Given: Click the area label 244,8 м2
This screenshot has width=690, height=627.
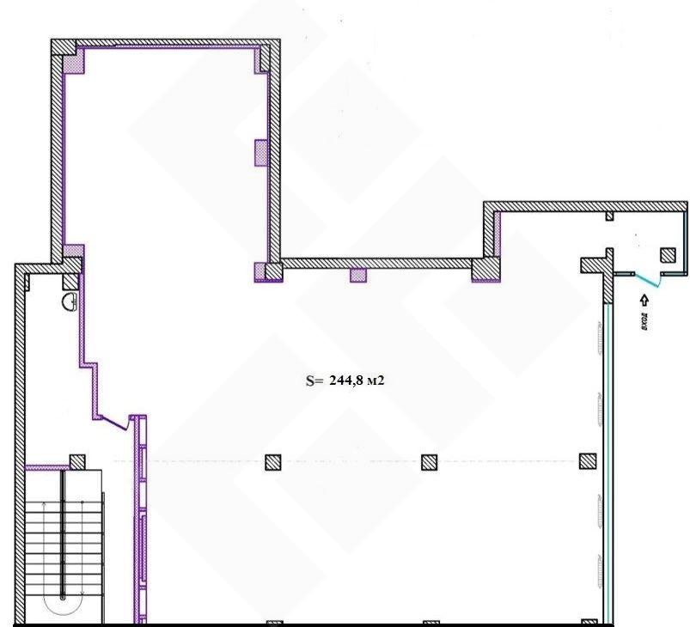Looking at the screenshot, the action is click(x=357, y=380).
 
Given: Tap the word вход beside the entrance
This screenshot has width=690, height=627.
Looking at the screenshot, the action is click(x=644, y=321).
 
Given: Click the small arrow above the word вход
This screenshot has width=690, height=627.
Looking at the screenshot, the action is click(x=644, y=301).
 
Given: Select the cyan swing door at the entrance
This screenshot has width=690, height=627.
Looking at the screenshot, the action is click(x=647, y=280).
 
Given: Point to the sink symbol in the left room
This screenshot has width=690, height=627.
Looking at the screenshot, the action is click(x=70, y=302).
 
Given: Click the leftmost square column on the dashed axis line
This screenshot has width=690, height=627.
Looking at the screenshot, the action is click(x=273, y=462).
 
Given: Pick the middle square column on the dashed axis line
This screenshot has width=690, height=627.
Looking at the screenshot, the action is click(x=430, y=462).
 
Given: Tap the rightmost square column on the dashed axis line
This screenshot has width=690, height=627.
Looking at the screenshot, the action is click(x=588, y=461).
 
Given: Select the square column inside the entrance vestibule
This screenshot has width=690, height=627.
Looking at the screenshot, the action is click(x=668, y=255).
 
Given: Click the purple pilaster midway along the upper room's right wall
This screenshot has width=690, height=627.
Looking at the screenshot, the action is click(x=261, y=153).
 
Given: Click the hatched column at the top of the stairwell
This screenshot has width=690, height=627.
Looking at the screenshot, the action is click(x=77, y=462).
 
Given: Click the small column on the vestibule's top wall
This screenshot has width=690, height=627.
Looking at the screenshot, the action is click(x=609, y=216).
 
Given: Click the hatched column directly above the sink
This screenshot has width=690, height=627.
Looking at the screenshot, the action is click(x=70, y=282).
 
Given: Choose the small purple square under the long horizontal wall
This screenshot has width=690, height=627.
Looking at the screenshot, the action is click(x=358, y=276).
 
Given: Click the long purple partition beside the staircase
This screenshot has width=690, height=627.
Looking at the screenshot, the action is click(x=140, y=519).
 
